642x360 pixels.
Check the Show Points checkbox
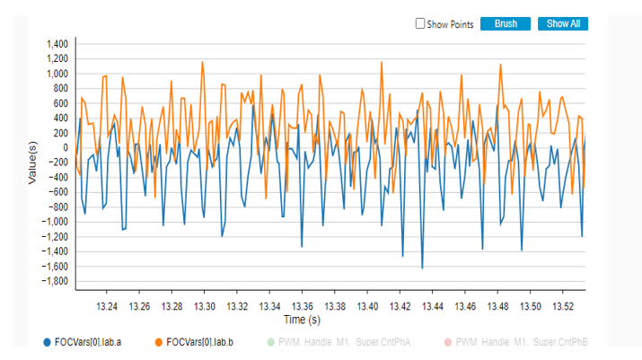(420, 24)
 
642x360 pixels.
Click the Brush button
(506, 24)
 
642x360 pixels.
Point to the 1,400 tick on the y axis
(55, 44)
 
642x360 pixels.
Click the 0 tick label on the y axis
(65, 148)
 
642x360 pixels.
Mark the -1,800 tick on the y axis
(53, 282)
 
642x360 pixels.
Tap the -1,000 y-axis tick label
(53, 222)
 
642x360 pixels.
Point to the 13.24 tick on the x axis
(107, 306)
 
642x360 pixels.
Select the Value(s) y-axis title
(32, 162)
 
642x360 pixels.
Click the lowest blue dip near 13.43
(422, 268)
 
